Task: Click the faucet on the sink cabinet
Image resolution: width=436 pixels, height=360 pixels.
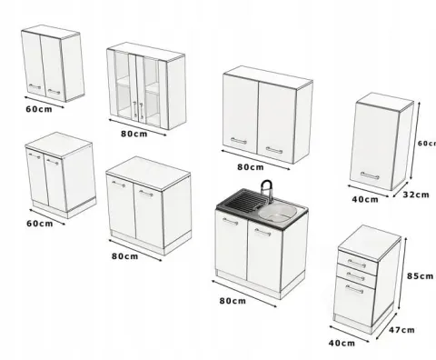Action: [266, 190]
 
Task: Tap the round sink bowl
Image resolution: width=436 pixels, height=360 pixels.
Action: [277, 214]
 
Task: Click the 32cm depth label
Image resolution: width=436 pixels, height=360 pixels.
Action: [416, 195]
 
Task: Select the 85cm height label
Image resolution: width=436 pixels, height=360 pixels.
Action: [420, 276]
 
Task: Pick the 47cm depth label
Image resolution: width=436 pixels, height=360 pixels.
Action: [401, 330]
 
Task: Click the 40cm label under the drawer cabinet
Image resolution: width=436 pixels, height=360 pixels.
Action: [342, 343]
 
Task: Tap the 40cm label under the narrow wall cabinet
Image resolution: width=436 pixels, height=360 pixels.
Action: [365, 199]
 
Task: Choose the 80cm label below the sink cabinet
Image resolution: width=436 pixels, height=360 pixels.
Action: [233, 301]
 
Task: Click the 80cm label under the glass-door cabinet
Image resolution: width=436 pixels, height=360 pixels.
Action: [134, 134]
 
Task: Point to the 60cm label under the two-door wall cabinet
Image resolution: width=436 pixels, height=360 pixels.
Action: [39, 109]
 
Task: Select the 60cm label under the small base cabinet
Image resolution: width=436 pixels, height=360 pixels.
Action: [40, 224]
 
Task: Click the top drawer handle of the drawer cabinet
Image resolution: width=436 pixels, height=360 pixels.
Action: [356, 264]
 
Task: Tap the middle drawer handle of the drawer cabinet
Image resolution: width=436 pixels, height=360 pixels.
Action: [355, 276]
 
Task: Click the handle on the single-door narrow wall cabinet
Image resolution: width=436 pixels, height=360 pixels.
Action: [370, 175]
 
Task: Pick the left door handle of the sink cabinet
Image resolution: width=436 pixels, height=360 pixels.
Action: [230, 222]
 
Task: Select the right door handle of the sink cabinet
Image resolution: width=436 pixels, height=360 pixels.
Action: [263, 233]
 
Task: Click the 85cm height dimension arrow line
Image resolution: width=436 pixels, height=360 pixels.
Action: [402, 274]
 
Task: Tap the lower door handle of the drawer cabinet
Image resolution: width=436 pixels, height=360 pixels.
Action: [354, 289]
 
